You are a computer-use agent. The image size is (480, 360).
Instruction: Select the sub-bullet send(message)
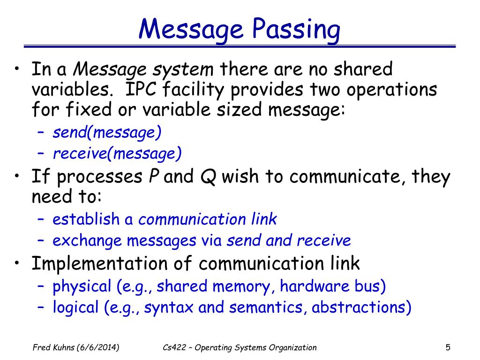point(107,133)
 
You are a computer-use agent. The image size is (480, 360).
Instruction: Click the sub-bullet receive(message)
point(117,153)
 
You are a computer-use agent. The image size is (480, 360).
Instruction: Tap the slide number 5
point(448,347)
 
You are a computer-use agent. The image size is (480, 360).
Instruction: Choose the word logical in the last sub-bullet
point(69,307)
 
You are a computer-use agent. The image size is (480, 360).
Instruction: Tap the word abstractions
point(362,307)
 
